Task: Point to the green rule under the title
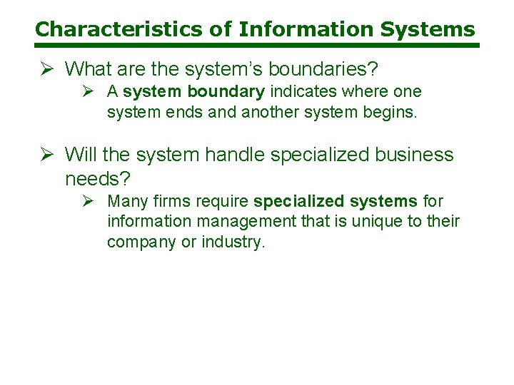pyautogui.click(x=257, y=46)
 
